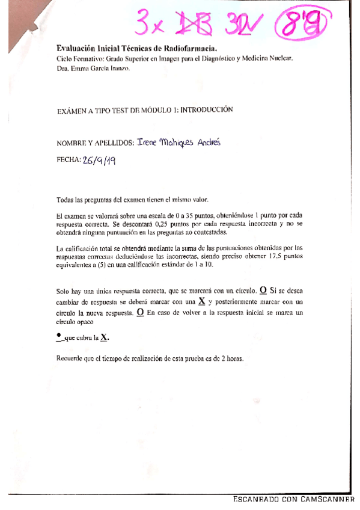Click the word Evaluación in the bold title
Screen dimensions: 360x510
(76, 49)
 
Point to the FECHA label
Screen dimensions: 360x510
(69, 161)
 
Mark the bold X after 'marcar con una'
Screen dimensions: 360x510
(201, 302)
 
